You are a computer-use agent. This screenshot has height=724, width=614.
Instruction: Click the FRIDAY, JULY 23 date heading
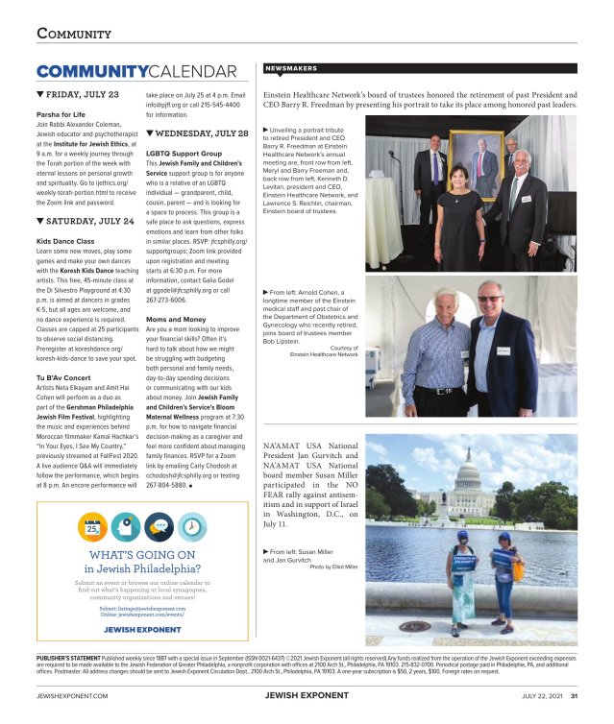81,95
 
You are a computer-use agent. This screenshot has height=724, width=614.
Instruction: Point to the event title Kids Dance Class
65,240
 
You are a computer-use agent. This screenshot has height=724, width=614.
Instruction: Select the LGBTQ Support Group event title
184,154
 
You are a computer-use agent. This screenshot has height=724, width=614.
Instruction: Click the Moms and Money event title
177,318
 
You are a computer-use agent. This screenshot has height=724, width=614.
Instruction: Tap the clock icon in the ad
190,525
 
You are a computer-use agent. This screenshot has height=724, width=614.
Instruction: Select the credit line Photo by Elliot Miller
333,567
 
